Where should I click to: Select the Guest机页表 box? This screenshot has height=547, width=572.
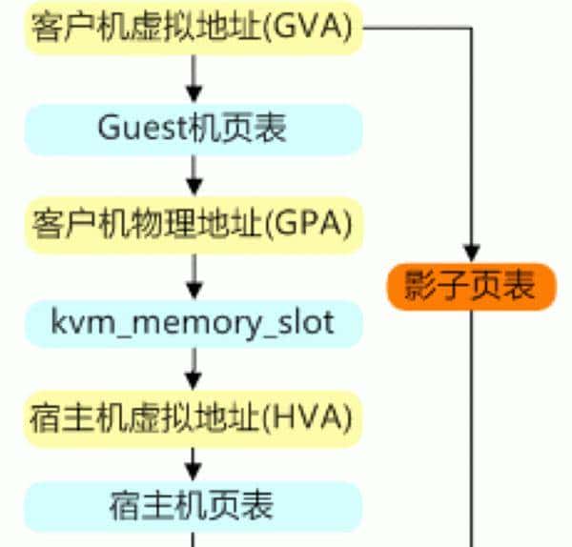click(193, 129)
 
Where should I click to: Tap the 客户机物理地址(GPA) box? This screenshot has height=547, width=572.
click(193, 225)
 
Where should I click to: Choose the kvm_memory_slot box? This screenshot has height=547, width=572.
click(193, 323)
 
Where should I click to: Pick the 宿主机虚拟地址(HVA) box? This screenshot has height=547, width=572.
click(193, 416)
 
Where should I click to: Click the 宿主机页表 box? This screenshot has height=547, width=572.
click(193, 505)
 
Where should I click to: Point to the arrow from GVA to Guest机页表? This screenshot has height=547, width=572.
click(194, 79)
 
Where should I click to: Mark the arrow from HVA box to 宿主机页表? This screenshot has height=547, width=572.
click(194, 462)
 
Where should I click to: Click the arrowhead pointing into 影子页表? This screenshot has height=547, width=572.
click(472, 253)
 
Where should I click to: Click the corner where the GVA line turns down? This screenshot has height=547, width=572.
click(472, 29)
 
